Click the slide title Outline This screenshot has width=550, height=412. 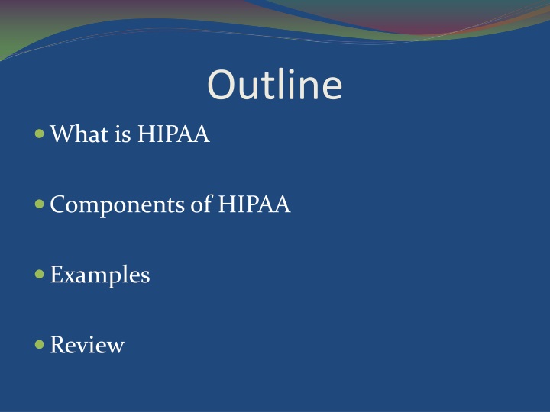(x=274, y=85)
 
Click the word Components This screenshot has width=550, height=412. (x=116, y=205)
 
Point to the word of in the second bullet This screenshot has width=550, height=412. (x=202, y=205)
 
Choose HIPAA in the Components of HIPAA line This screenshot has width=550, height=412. (x=254, y=205)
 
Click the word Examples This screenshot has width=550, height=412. (x=100, y=275)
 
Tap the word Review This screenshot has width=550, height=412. (x=87, y=346)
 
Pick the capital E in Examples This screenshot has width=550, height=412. (x=56, y=275)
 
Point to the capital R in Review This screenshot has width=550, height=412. (x=57, y=346)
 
